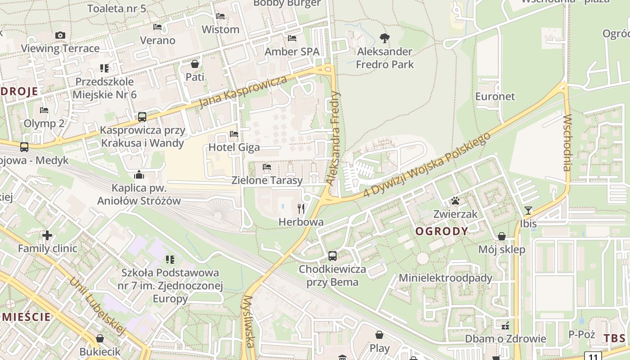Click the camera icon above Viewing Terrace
tap(60, 35)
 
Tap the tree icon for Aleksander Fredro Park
tap(385, 38)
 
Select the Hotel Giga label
tap(234, 147)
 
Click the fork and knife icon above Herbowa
tap(301, 208)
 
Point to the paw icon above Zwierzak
tap(455, 201)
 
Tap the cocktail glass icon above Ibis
tap(528, 210)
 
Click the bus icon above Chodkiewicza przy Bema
tap(333, 256)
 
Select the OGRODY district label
tap(441, 231)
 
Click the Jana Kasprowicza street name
tap(243, 92)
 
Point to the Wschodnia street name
tap(567, 143)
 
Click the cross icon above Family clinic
tap(47, 235)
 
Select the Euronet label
tap(495, 96)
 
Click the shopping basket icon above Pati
tap(195, 64)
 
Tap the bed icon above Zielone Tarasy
tap(267, 167)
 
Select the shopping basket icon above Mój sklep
tap(502, 236)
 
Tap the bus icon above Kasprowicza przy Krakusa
tap(142, 117)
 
